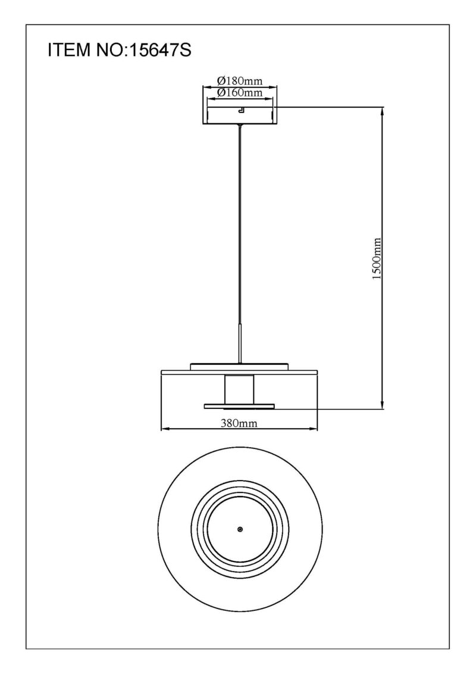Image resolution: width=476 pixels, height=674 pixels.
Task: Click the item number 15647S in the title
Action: coord(160,50)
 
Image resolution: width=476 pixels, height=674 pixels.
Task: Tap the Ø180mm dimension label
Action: coord(240,80)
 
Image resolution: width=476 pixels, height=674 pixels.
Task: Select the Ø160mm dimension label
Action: coord(240,92)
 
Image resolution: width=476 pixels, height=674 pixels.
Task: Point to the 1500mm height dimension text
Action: coord(377,259)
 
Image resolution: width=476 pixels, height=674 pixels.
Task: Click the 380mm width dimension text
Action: coord(239,423)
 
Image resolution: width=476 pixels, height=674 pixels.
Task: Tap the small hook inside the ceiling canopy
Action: coord(242,111)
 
